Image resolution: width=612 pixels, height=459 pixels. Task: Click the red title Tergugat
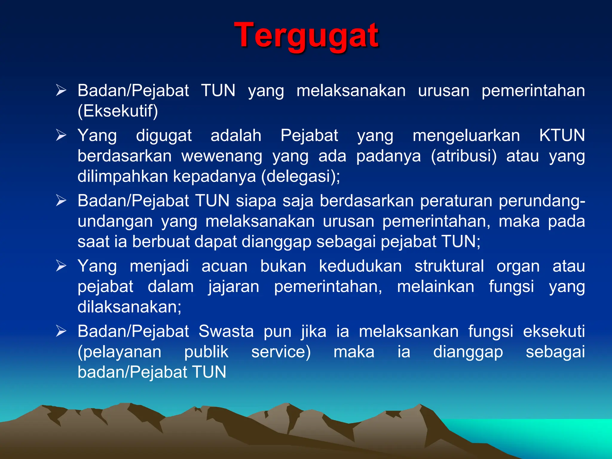click(307, 36)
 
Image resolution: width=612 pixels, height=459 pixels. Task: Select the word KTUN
click(562, 135)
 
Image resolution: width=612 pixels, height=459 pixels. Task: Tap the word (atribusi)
click(463, 156)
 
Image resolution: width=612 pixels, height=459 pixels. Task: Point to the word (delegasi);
click(300, 176)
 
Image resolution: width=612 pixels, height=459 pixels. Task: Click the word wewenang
click(222, 156)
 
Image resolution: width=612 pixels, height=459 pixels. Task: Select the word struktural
click(449, 266)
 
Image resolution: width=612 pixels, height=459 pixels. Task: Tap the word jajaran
click(234, 287)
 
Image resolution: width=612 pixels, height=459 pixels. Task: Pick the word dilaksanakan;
click(129, 307)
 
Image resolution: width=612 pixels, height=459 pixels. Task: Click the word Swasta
click(226, 331)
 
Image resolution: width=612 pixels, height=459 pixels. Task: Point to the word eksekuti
click(554, 331)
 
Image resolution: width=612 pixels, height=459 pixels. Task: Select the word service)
click(281, 352)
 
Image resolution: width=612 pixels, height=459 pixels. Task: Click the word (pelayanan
click(120, 352)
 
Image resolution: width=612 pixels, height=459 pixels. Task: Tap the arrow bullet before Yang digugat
click(61, 135)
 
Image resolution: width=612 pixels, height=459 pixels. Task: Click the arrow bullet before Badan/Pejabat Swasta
click(61, 331)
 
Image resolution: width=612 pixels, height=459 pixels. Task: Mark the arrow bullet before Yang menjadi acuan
click(61, 266)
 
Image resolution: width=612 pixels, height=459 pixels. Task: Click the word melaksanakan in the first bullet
click(351, 91)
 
